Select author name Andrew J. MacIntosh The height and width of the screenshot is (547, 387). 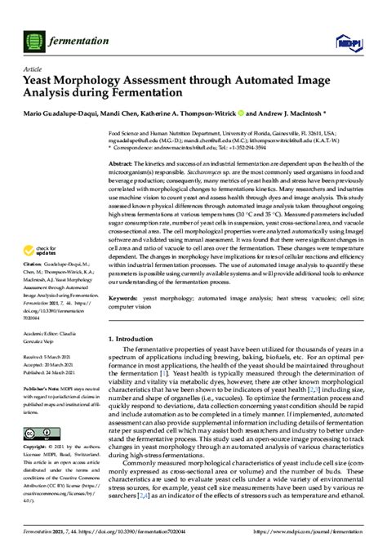(282, 113)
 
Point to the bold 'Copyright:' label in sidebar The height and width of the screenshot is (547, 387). (35, 449)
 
